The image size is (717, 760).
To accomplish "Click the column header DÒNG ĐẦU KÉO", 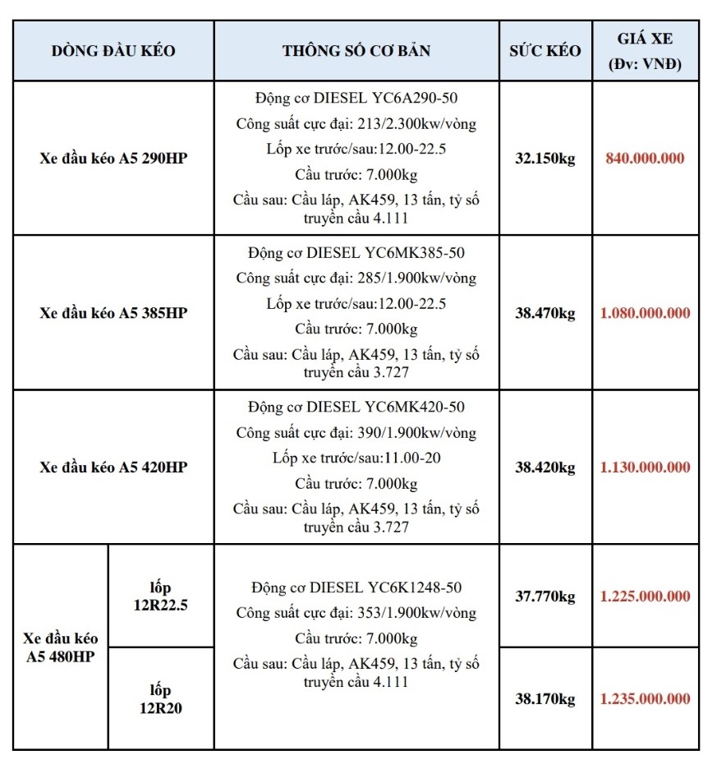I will (113, 50).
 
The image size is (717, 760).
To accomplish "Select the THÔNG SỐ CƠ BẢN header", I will (356, 50).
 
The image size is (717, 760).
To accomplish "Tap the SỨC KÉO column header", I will (545, 50).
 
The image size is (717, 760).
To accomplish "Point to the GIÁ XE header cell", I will (646, 50).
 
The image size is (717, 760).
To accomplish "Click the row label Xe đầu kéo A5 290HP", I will (113, 158).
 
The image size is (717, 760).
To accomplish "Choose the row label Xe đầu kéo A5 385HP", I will (113, 313).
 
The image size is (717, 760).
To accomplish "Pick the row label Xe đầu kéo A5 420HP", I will (113, 468).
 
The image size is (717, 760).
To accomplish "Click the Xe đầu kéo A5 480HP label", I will (61, 647).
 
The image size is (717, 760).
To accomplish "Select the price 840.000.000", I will (646, 159).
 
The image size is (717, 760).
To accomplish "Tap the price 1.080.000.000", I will (646, 313).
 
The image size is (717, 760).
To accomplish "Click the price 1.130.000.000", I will (646, 468).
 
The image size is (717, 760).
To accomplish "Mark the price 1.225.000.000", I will (646, 596).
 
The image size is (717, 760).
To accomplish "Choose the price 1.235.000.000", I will (646, 699).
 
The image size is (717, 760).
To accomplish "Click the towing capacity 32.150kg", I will (545, 159).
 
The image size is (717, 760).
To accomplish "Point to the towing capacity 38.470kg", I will (545, 313).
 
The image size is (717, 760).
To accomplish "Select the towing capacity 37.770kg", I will (545, 596).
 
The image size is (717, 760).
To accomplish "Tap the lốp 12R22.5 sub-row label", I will (161, 596).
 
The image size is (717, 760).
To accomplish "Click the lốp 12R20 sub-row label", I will (161, 699).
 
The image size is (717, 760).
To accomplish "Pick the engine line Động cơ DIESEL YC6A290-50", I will (356, 99).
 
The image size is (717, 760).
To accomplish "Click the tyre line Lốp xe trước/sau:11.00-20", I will (356, 458).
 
